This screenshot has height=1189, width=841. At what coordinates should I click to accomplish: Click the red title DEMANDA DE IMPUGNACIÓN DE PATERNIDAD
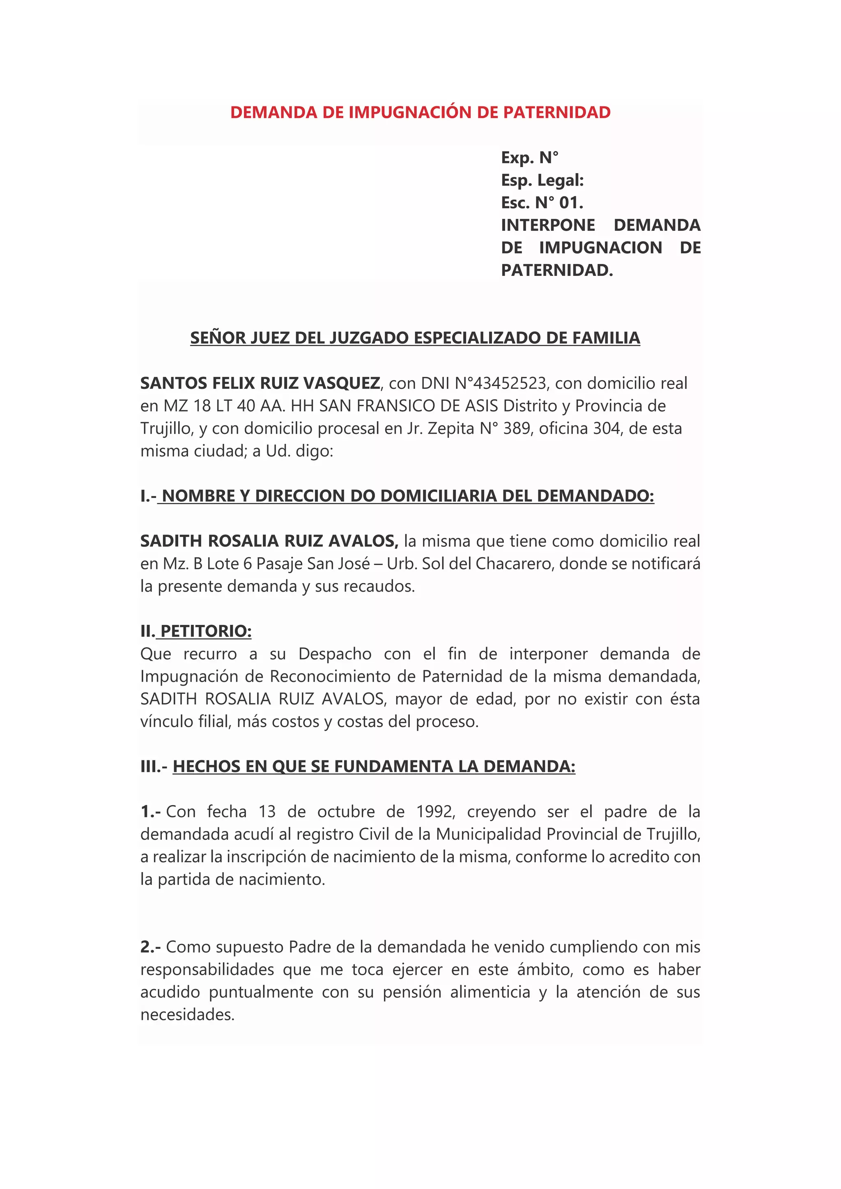pos(420,112)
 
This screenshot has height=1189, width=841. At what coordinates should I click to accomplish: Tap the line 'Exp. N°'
pos(529,157)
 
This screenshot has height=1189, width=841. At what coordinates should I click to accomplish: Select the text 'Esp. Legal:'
pos(542,180)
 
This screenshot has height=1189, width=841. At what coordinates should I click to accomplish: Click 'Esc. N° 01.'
pos(542,202)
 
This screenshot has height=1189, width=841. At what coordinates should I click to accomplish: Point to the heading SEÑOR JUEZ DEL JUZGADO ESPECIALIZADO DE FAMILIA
pos(415,337)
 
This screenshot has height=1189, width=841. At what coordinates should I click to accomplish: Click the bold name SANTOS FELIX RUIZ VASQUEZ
pos(260,383)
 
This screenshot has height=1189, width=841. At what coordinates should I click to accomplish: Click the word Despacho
pos(335,654)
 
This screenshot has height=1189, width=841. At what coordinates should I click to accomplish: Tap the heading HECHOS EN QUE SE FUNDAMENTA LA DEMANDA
pos(374,767)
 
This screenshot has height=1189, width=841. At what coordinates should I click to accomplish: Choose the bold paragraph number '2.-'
pos(150,947)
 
